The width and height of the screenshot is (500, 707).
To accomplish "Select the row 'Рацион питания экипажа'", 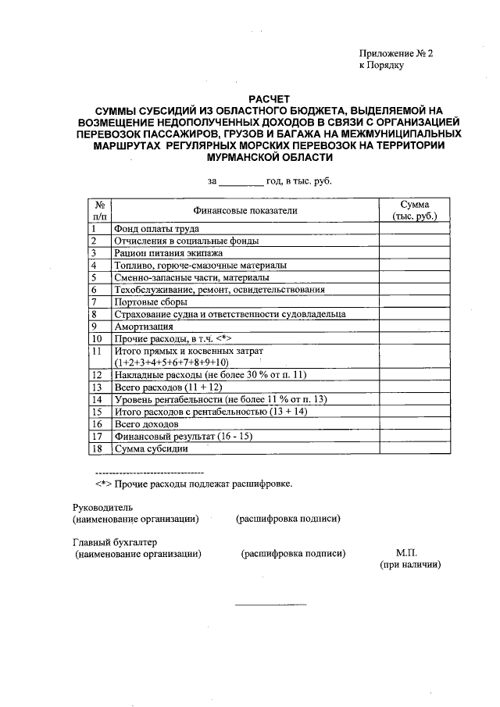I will (168, 253).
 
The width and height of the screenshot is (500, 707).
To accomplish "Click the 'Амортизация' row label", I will (142, 326).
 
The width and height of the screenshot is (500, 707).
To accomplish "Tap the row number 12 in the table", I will (97, 375).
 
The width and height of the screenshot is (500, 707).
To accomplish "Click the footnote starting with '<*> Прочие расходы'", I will (193, 484).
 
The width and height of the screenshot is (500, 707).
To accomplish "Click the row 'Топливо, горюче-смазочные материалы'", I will (200, 266).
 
